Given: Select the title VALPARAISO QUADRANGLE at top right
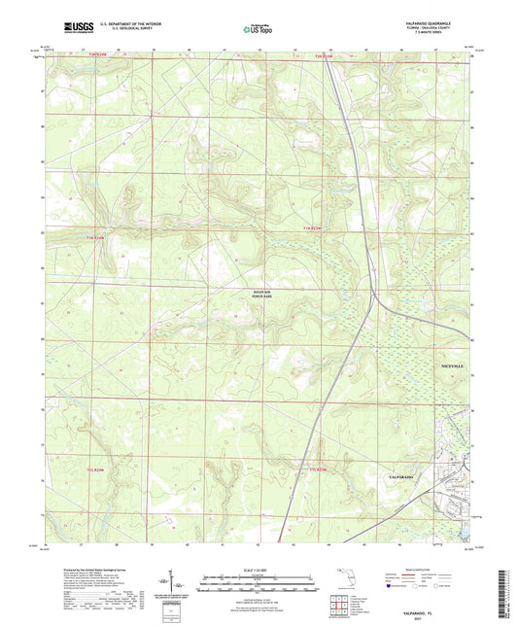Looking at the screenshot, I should pos(438,22).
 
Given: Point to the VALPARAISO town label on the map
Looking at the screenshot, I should pos(401,481).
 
